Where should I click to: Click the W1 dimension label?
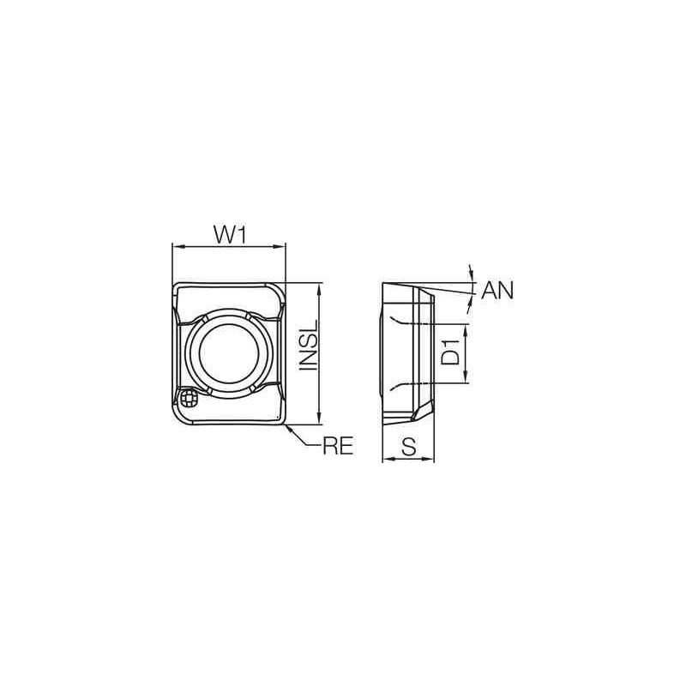(230, 232)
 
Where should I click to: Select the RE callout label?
(338, 446)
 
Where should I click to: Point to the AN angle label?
(496, 291)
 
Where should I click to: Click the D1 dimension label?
(453, 353)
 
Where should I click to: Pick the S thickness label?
(409, 446)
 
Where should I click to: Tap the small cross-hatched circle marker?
(191, 398)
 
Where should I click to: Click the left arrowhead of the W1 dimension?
(177, 247)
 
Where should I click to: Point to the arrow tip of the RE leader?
(289, 424)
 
